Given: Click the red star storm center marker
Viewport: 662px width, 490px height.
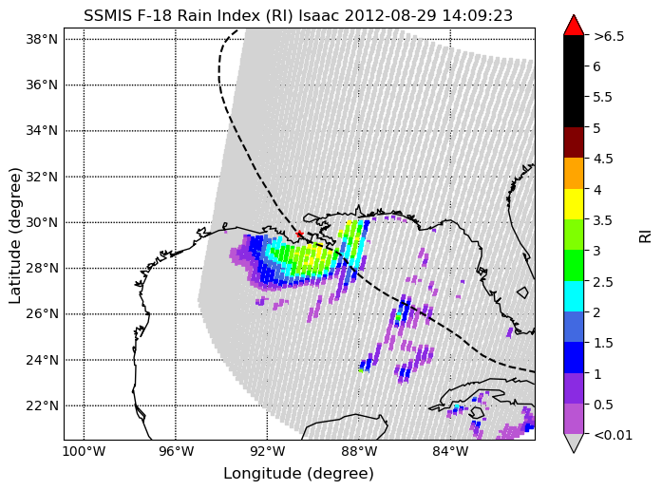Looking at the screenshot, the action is (299, 234).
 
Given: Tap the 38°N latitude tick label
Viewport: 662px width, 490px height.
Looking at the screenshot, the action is (42, 39).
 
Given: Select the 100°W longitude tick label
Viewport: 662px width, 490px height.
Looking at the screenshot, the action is (84, 452).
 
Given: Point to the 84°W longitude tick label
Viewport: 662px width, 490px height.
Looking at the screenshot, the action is (450, 452).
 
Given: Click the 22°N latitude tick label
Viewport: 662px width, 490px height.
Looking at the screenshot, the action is (42, 406).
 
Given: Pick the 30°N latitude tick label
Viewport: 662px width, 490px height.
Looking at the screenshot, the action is (42, 222).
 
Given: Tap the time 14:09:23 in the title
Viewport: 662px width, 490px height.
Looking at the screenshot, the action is (477, 15).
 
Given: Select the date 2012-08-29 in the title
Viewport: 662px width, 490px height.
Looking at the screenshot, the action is (391, 15).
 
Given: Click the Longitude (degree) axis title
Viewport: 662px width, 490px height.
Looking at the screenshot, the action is (299, 474).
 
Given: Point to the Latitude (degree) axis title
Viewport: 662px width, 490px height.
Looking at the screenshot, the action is (15, 235).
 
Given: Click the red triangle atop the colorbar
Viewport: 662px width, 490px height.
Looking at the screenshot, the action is (574, 27).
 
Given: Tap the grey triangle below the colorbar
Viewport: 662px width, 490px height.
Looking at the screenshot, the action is (574, 442).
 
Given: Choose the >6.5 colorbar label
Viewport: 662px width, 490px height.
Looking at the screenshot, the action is (609, 36).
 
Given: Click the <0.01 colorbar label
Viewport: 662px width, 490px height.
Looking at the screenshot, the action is (613, 435).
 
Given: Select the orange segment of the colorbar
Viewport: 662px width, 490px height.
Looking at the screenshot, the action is (574, 174).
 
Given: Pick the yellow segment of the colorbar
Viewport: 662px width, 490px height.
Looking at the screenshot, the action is (574, 204).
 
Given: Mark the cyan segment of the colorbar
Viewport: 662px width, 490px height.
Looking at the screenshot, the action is (574, 296).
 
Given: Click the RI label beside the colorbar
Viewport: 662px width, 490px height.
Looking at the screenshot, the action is (646, 236).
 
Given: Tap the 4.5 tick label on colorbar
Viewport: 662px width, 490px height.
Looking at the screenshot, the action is (603, 159).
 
